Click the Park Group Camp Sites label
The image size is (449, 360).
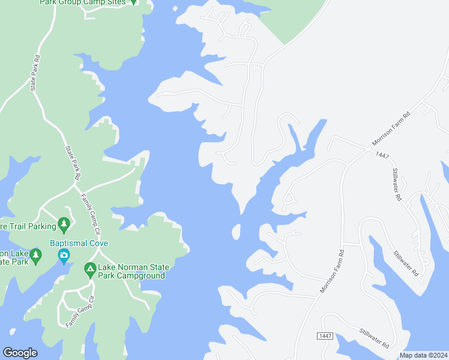[83, 2]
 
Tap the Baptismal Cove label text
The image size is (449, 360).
[79, 243]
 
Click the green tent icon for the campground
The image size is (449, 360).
[90, 271]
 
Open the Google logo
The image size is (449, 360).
[20, 353]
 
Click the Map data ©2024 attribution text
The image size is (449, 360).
[423, 355]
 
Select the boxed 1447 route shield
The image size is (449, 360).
[325, 336]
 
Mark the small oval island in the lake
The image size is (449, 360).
[237, 232]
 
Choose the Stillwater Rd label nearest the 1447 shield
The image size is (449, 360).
[375, 338]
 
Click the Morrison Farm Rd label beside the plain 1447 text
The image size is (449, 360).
[390, 128]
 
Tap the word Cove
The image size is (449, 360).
[98, 243]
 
